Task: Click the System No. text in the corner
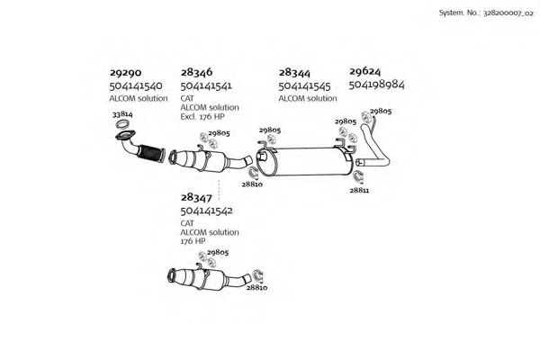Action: [x=486, y=13]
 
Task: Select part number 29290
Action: [x=125, y=73]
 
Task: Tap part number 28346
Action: [x=196, y=72]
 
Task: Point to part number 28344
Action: [x=294, y=73]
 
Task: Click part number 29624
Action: [x=365, y=71]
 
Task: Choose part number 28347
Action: [x=196, y=197]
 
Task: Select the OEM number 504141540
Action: [x=136, y=85]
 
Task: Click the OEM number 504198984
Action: [x=376, y=85]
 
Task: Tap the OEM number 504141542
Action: [x=207, y=211]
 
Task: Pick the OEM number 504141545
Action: [x=304, y=86]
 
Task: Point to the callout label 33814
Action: [x=122, y=114]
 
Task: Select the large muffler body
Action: [x=305, y=161]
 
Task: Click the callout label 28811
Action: [x=359, y=190]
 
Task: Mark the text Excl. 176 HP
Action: [x=202, y=117]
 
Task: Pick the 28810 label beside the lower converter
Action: [x=256, y=287]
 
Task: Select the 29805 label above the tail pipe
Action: [x=381, y=111]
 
